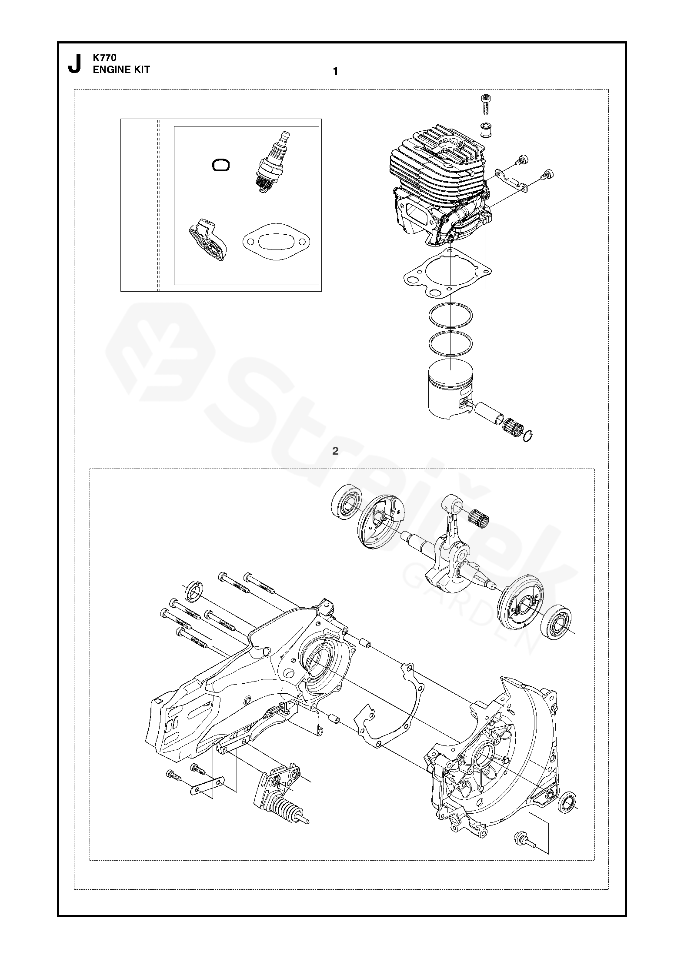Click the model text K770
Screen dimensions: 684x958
(x=104, y=57)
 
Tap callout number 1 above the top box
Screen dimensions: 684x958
(x=335, y=71)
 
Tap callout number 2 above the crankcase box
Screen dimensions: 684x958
(x=335, y=451)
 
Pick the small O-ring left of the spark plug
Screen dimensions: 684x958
(x=221, y=165)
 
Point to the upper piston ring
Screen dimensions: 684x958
(x=450, y=316)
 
